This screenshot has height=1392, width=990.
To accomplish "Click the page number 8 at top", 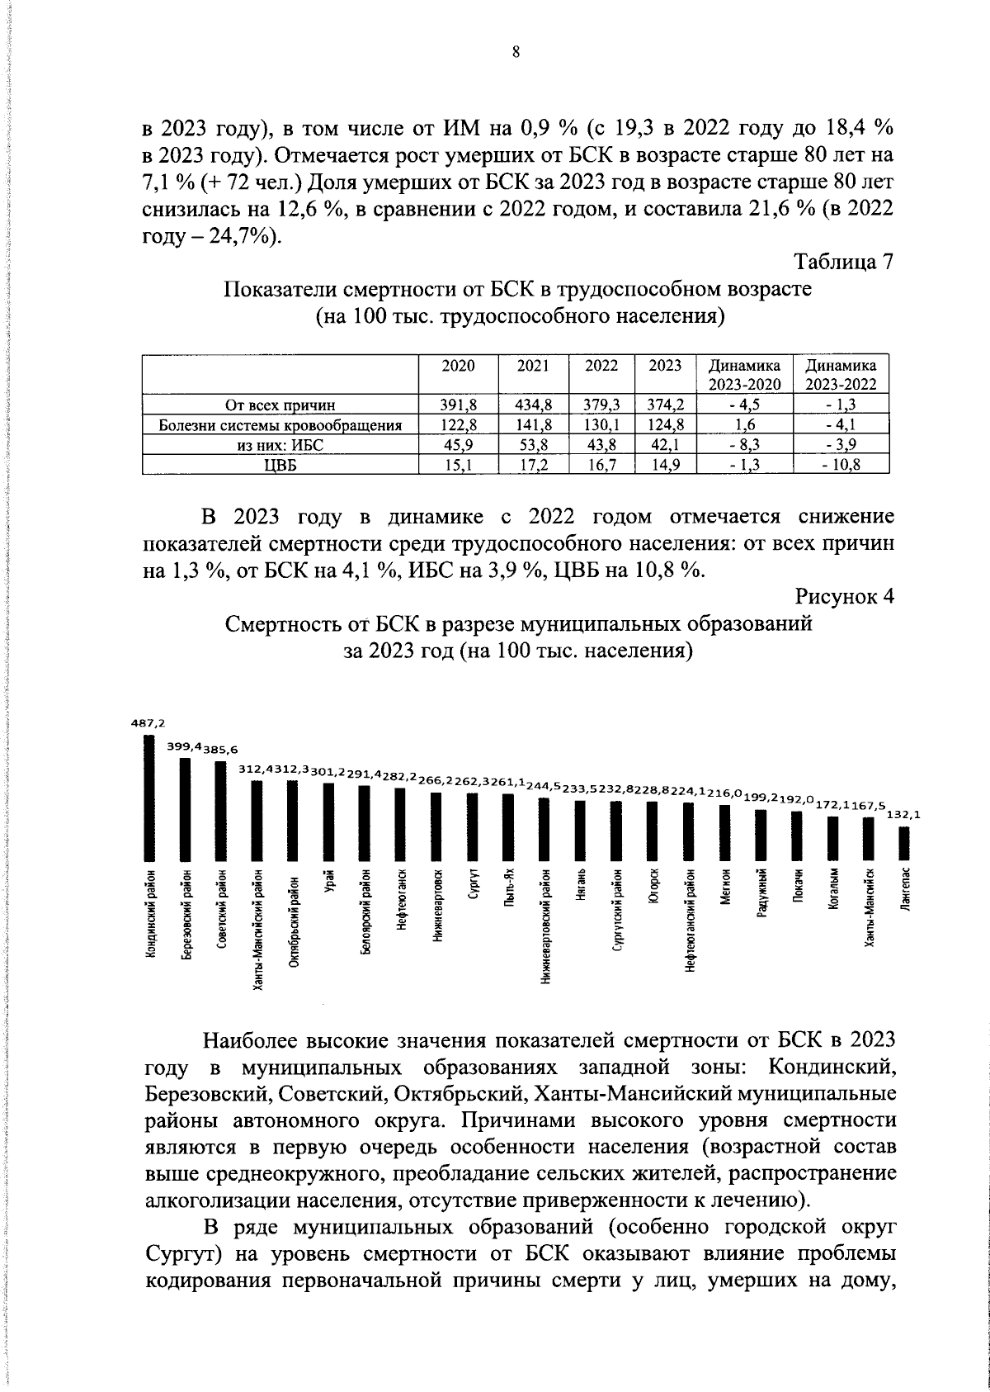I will pos(516,53).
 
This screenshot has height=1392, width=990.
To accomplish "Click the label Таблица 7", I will pos(843,263).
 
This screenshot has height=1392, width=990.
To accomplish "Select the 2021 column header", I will pos(534,366).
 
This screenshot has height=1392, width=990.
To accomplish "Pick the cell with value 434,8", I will pos(534,405).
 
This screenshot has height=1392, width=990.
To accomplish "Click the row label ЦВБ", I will pos(280,466).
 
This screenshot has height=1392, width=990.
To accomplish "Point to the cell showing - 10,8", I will pos(841,466).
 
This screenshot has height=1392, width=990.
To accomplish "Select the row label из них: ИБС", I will pos(280,446).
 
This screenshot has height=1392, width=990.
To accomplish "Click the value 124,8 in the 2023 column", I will pos(665,426).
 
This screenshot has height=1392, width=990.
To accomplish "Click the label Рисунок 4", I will pos(845,596).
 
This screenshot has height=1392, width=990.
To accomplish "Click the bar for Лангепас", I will pos(904,843).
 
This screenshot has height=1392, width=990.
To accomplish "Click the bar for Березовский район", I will pos(186,808).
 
